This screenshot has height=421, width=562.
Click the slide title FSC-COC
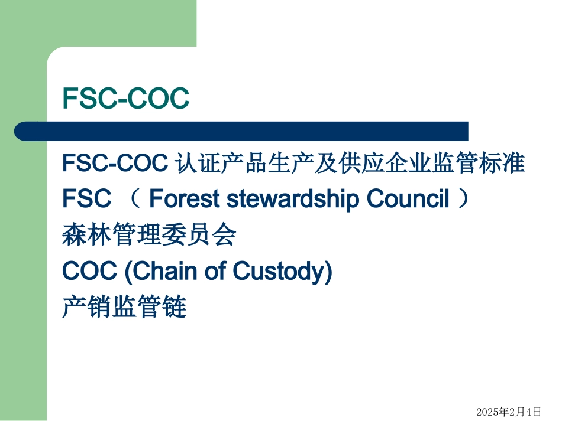point(126,99)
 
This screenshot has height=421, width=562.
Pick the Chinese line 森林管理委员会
point(148,236)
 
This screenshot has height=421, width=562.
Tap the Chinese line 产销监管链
point(124,307)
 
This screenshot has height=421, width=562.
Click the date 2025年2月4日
point(509,410)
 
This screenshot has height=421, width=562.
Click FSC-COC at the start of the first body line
point(115,164)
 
